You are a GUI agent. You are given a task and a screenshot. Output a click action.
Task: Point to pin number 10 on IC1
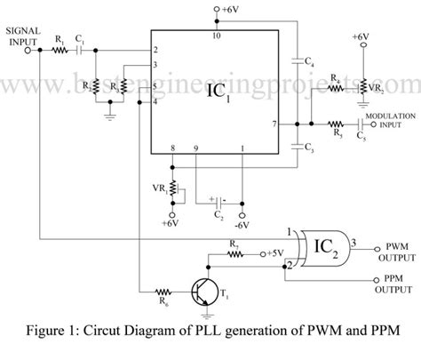[x=215, y=36]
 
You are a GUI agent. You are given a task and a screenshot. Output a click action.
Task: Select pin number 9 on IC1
[x=196, y=149]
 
